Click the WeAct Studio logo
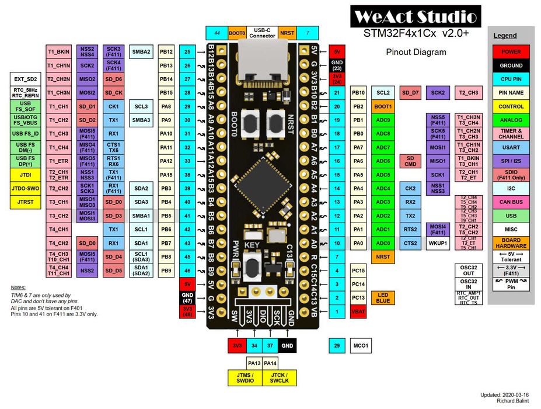(416, 16)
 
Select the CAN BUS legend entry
(511, 202)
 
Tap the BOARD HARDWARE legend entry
(511, 243)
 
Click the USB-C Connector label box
(262, 33)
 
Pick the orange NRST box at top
(287, 33)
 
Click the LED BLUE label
(383, 298)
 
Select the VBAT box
(358, 312)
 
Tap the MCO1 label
(361, 346)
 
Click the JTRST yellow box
(25, 202)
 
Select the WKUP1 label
(437, 243)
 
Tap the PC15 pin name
(358, 271)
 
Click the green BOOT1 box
(383, 106)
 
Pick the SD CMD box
(410, 161)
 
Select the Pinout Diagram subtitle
(416, 52)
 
